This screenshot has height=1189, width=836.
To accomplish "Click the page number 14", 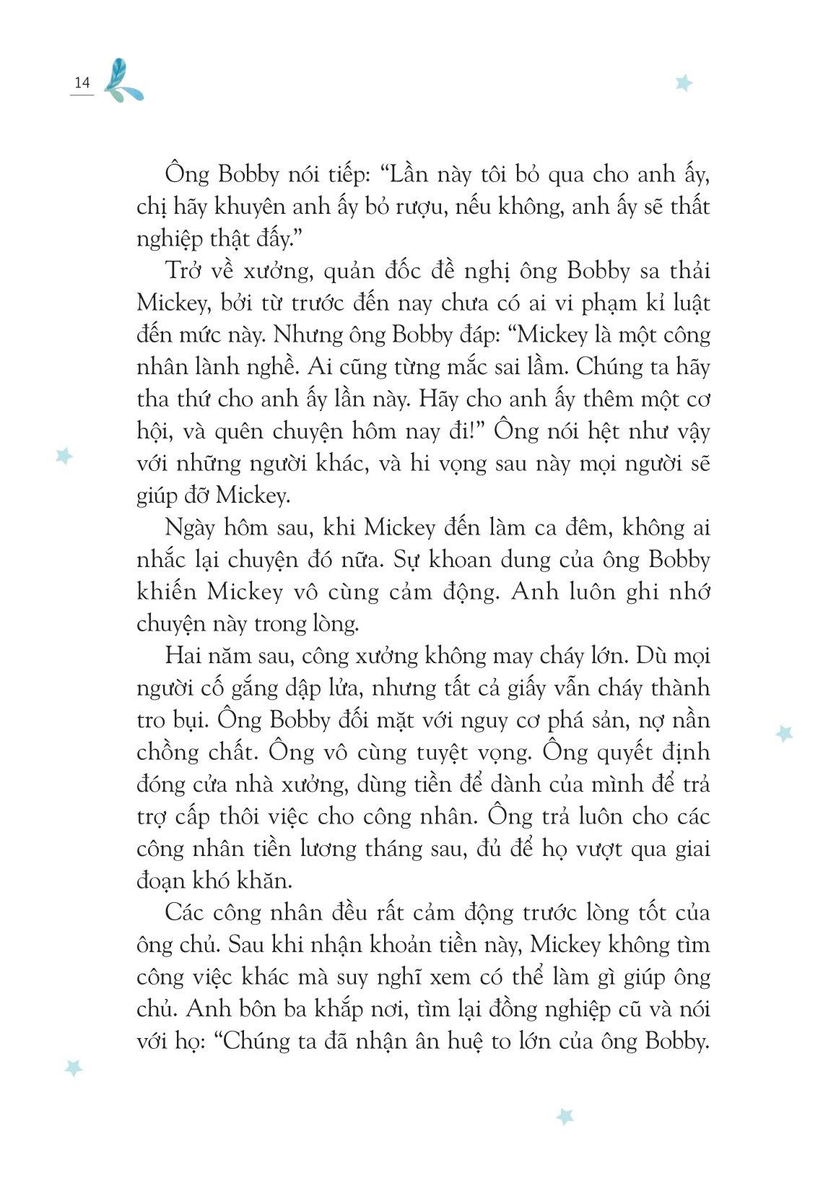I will click(x=82, y=83).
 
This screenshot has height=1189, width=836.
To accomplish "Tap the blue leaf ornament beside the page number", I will click(x=123, y=80).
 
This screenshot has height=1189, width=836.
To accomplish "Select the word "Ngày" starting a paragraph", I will click(x=189, y=529).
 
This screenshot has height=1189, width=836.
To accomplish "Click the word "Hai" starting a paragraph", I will click(x=180, y=656).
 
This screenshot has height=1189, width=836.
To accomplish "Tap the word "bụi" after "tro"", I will click(x=191, y=720).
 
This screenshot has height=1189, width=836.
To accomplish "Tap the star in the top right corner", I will click(x=683, y=82).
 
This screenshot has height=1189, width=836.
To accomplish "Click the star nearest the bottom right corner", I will click(x=565, y=1117).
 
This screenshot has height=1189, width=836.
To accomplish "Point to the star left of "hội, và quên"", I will click(x=64, y=456).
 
